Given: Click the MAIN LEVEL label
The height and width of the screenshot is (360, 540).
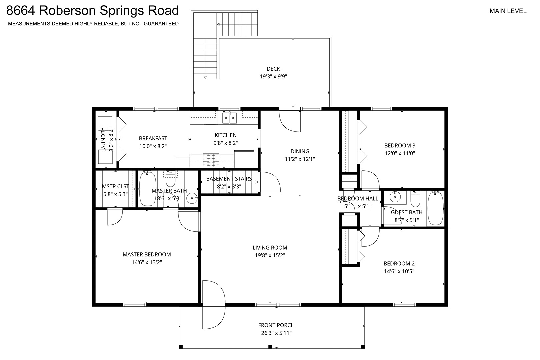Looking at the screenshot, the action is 508,11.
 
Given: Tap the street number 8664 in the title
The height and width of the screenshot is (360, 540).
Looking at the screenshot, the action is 20,10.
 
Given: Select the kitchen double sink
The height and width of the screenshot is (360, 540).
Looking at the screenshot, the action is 229,118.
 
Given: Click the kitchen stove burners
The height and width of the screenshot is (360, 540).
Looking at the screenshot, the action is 211,160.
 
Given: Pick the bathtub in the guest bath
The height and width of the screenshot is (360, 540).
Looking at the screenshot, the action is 435,208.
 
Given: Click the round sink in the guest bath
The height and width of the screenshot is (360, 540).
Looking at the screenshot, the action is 395,197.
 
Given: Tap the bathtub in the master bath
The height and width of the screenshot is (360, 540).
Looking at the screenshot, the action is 148,189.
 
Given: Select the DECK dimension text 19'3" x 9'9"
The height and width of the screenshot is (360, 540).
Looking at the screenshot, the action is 273,77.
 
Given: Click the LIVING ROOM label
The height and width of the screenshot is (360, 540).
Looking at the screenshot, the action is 270,248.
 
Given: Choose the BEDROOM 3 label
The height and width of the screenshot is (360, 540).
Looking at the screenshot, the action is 400,146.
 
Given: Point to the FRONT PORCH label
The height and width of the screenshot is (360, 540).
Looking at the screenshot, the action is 277,325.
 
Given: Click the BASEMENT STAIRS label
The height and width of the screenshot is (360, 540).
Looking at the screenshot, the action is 229,179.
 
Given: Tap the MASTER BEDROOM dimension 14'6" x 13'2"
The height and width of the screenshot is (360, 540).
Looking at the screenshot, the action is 147,262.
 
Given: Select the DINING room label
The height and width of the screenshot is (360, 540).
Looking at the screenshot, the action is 300,151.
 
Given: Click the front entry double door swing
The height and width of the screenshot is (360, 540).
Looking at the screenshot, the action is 214,305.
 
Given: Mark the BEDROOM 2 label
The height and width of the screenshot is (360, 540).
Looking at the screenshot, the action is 399,264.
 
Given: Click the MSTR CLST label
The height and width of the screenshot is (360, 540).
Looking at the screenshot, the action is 115,186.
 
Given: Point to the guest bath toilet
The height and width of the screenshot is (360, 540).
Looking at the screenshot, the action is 415,199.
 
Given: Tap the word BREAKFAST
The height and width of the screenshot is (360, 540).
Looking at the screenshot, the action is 153,138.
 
